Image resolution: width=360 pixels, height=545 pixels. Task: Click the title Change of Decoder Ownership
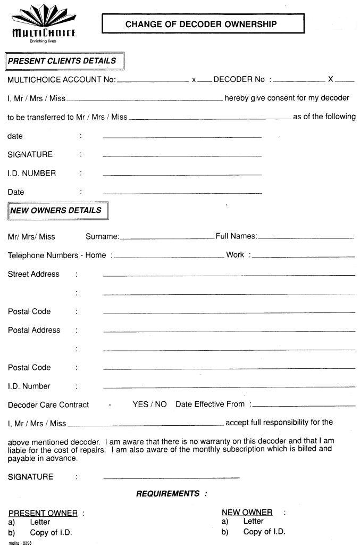click(201, 24)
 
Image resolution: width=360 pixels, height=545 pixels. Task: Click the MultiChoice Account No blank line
click(152, 81)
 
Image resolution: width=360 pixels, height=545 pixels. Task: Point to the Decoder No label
click(239, 79)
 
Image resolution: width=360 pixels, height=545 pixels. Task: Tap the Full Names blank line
click(306, 237)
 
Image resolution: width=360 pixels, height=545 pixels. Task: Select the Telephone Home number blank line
click(169, 257)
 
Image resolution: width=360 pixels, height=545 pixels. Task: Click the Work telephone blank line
click(304, 257)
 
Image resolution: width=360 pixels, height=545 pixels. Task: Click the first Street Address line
click(229, 275)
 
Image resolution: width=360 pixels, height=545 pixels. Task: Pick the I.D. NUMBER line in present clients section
click(182, 175)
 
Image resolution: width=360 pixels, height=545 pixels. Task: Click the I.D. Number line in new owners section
click(229, 387)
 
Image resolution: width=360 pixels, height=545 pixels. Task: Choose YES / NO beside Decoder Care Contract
click(149, 404)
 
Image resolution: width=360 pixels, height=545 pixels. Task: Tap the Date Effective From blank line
click(303, 406)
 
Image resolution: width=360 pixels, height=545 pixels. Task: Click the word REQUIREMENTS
click(168, 494)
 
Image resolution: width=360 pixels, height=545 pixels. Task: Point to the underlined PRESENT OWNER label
click(43, 513)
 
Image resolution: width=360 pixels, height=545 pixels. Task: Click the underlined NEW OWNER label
click(247, 513)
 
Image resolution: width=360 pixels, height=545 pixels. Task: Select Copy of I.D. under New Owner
click(264, 532)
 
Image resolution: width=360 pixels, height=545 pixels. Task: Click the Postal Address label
click(34, 330)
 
